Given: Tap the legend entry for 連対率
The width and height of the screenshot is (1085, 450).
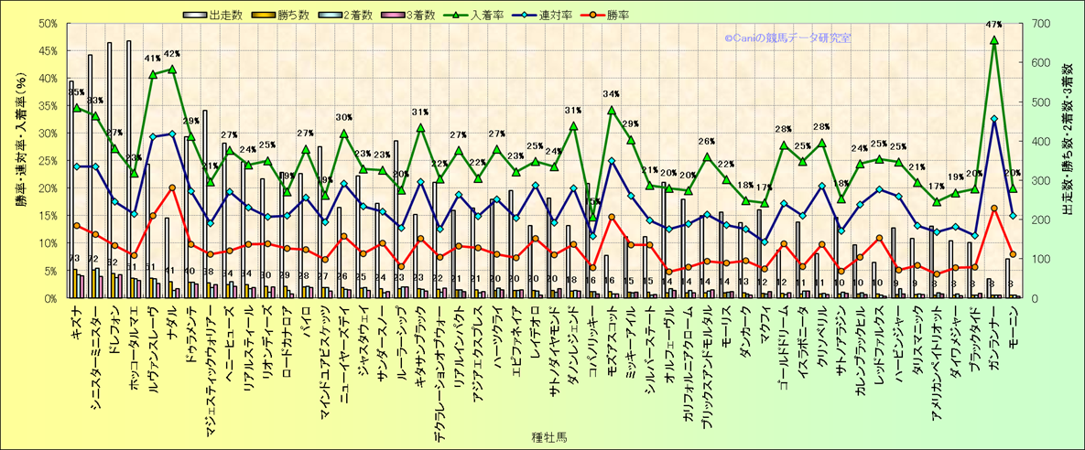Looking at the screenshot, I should (x=550, y=15).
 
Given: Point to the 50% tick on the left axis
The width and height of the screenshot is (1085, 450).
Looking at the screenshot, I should (x=49, y=24).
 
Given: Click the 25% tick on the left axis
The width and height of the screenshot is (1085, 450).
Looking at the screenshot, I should (x=49, y=161).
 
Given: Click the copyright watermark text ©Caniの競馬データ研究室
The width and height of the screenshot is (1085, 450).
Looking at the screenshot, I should (x=787, y=38).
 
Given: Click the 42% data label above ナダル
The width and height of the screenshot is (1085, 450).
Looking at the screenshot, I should (x=172, y=54).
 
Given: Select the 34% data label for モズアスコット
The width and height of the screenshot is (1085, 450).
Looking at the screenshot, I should (x=612, y=94).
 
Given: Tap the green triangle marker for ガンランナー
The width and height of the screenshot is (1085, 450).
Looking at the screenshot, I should (x=994, y=40).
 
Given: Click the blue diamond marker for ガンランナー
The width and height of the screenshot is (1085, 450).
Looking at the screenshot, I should (x=994, y=119).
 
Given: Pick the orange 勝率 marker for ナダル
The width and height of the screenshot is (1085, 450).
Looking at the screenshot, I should (x=172, y=187).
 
